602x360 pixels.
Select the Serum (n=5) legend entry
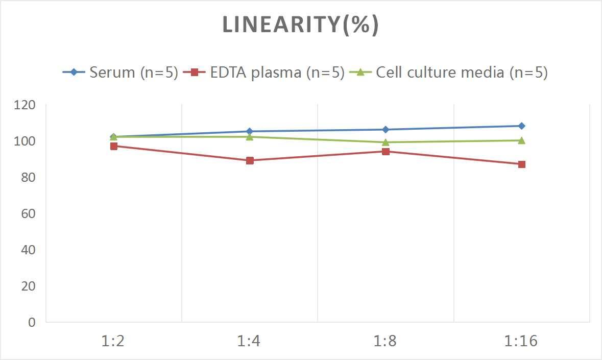point(121,73)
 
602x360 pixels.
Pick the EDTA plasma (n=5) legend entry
point(265,73)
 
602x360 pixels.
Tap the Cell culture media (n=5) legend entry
point(449,73)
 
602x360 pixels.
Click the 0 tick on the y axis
point(32,322)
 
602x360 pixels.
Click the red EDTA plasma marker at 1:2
point(113,146)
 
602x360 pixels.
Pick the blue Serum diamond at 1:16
point(521,126)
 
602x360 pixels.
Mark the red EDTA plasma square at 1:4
point(250,160)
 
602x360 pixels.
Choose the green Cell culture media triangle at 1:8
point(386,142)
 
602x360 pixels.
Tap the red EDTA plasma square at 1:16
point(521,164)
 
